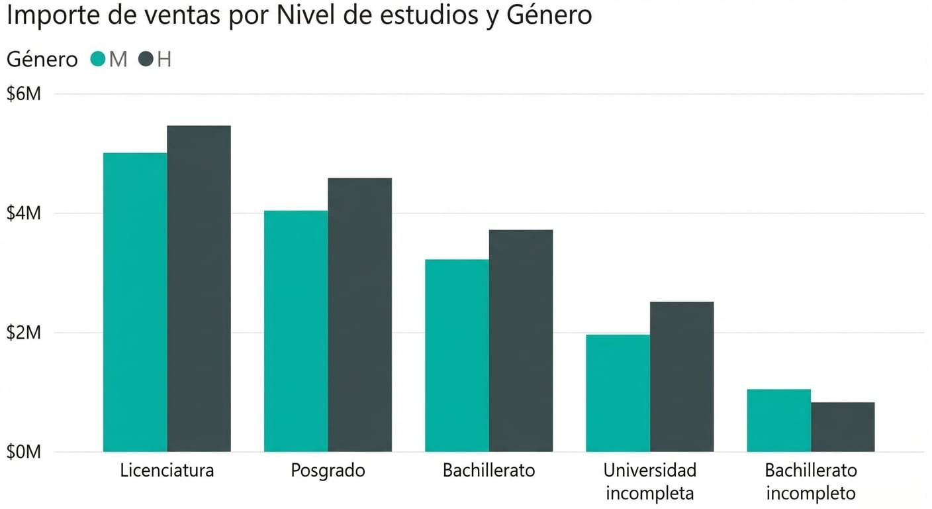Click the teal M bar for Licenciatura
135,302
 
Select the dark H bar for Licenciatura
199,289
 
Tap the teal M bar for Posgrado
296,331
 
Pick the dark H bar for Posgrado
359,315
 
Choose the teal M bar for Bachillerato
457,356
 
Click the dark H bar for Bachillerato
520,341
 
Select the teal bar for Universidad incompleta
618,393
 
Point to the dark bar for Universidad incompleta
681,376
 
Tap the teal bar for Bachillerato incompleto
778,420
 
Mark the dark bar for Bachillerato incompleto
842,427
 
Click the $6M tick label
24,94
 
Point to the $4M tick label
24,213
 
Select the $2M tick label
24,333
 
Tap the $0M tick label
24,452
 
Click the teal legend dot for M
98,60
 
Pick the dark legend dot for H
146,60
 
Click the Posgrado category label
328,471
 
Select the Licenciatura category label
167,471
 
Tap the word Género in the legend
42,60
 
